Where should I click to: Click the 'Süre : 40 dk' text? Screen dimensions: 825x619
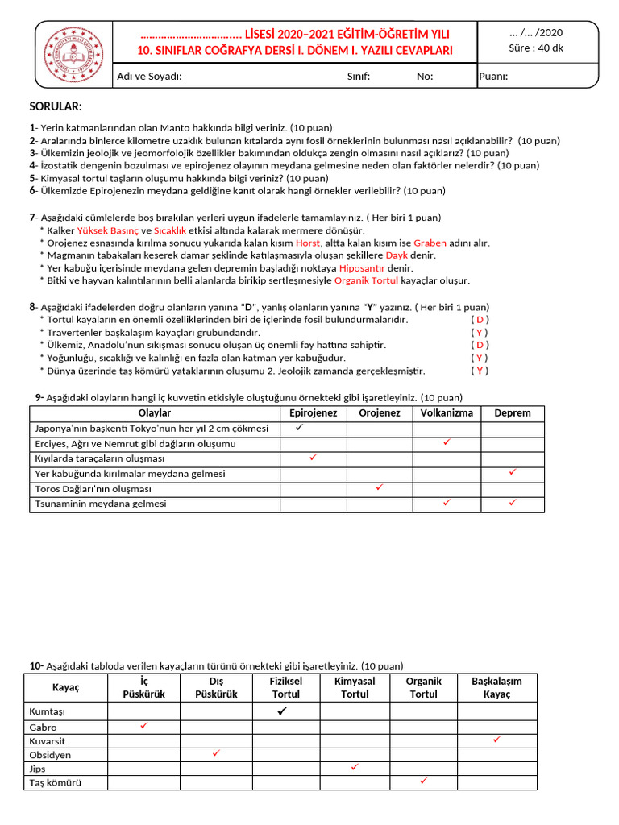pos(536,48)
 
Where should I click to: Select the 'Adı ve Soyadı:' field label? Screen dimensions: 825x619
pos(149,77)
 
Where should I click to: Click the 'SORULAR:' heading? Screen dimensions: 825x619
pos(56,107)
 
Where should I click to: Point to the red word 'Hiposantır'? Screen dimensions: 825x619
pos(362,267)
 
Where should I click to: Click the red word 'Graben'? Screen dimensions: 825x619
pos(430,243)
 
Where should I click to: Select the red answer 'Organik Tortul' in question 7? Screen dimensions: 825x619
pos(366,280)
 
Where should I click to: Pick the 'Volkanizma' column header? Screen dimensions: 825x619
pos(447,413)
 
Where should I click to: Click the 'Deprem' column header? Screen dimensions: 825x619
pos(513,413)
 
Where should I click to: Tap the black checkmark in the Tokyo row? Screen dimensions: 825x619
pos(299,428)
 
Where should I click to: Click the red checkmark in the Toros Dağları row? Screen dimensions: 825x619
pos(380,487)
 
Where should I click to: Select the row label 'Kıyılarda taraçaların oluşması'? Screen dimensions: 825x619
pos(99,458)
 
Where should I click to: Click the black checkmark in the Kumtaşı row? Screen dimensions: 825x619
pos(282,711)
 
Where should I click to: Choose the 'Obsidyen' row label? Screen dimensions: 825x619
pos(50,755)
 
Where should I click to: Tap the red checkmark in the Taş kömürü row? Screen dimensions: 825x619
pos(423,781)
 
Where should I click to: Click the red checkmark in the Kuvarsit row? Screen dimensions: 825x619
pos(496,739)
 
